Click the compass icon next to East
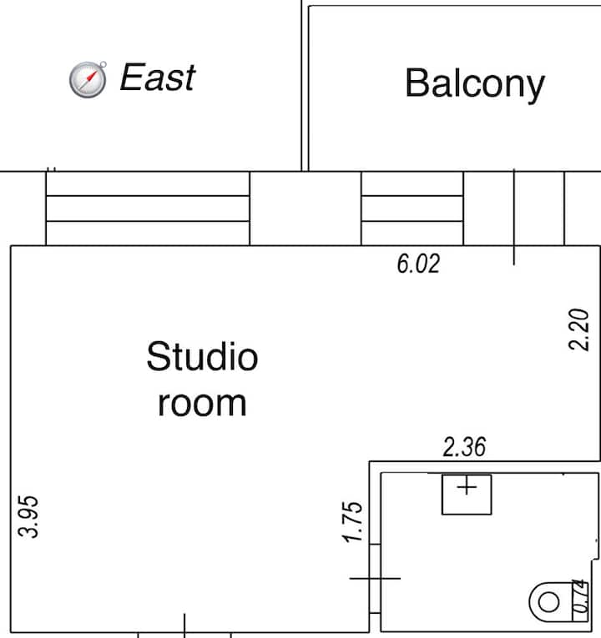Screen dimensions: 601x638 point(88,79)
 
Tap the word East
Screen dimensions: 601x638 point(158,77)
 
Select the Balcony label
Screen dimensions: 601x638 point(475,84)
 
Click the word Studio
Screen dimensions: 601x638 point(202,357)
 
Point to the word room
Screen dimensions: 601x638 point(202,404)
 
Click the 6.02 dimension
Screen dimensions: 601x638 point(418,264)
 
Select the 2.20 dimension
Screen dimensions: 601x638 point(578,329)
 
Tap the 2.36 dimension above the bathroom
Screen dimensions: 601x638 point(464,447)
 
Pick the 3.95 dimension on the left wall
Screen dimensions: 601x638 point(28,516)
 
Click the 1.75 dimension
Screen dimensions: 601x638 point(352,522)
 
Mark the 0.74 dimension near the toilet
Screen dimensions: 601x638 point(581,595)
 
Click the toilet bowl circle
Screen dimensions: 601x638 point(549,602)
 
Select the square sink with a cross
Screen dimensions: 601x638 point(467,495)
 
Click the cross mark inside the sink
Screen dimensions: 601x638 point(467,487)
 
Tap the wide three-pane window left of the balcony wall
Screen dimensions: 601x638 point(148,208)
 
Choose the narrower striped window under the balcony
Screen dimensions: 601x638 point(412,208)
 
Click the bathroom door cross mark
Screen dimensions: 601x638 point(375,578)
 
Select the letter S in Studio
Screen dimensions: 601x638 point(158,356)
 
